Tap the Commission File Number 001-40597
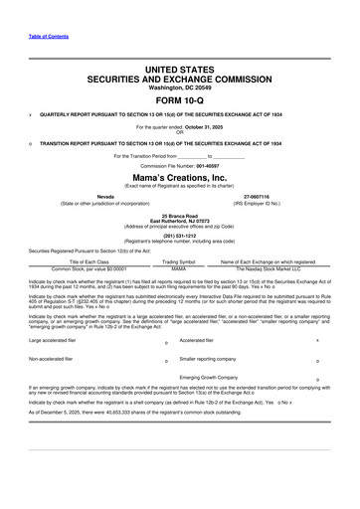click(x=202, y=165)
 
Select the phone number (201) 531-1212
click(x=180, y=237)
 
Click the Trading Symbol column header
click(x=179, y=261)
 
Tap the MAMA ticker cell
click(x=179, y=268)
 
